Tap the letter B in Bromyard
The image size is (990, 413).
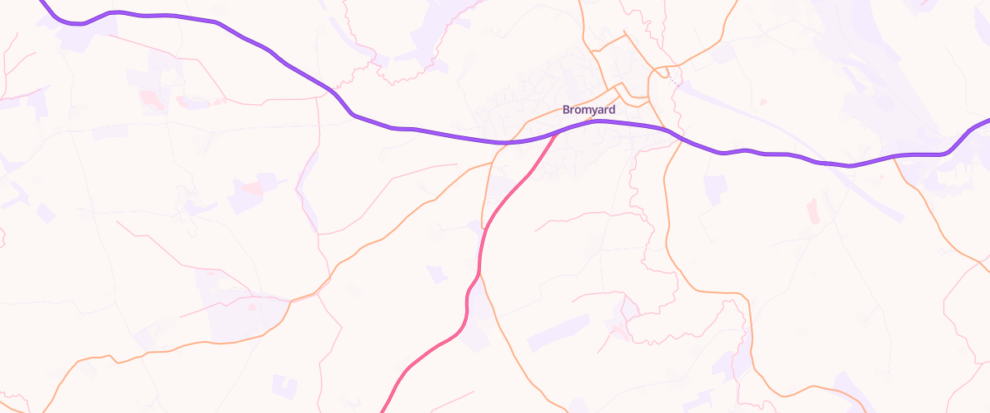tap(566, 109)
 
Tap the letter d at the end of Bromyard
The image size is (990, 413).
tap(611, 109)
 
